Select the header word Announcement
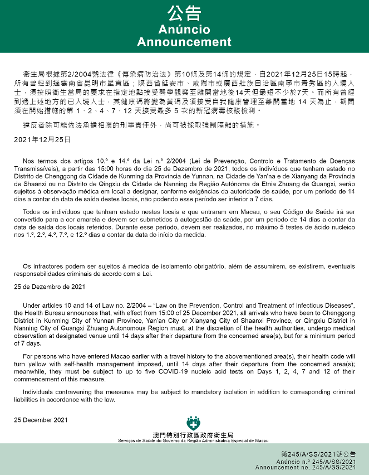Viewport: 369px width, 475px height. (x=184, y=42)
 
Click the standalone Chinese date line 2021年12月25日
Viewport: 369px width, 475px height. (x=42, y=139)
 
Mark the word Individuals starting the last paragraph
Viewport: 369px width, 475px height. (x=40, y=391)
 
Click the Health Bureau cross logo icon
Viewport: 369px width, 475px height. (x=194, y=423)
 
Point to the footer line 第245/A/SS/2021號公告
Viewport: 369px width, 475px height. (x=318, y=454)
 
